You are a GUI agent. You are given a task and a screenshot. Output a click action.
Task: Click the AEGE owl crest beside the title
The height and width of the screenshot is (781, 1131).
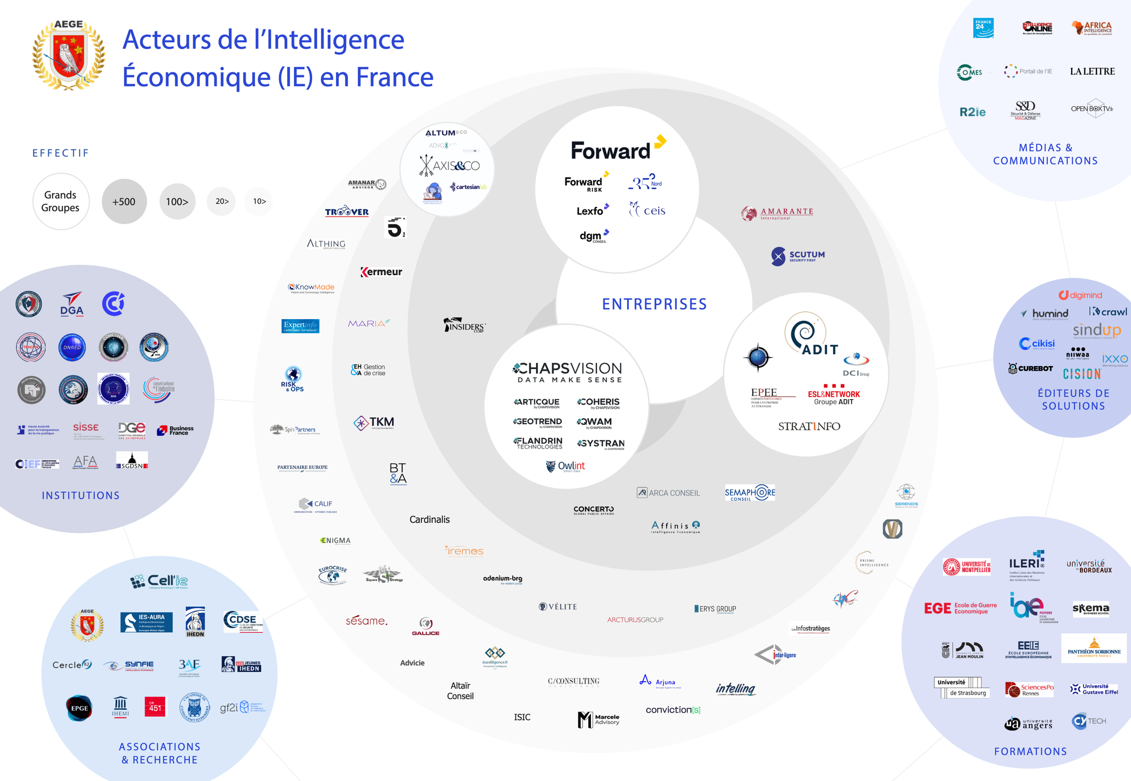pos(68,55)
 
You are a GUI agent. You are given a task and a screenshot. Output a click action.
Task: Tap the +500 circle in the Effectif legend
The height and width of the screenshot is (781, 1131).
pos(124,201)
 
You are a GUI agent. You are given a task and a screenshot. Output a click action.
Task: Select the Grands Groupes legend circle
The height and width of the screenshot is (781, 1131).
pos(61,201)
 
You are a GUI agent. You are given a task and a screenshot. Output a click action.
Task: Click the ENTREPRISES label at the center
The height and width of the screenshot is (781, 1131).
pos(654,304)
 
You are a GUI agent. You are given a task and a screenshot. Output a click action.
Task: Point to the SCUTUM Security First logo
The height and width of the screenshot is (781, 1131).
pos(798,256)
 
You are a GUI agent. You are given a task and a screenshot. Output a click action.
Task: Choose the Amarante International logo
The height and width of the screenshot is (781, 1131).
pos(778,213)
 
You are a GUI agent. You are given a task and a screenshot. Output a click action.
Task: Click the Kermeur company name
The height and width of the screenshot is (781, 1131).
pos(382,272)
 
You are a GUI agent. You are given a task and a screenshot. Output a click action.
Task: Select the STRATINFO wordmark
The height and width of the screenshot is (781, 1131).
pos(809,426)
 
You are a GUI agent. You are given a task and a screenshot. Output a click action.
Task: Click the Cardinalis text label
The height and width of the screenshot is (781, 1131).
pos(430,520)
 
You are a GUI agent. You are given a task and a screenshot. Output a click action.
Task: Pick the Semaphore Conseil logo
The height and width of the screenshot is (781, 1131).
pos(750,493)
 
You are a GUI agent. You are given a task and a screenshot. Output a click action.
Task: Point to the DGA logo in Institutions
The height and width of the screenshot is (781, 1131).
pos(72,304)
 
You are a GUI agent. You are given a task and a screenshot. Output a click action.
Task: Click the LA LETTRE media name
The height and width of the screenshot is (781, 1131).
pos(1092,71)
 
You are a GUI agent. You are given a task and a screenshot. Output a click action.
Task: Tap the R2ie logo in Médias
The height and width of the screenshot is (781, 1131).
pos(972,112)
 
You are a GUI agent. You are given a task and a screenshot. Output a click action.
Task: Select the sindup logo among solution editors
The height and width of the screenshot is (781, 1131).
pos(1097,330)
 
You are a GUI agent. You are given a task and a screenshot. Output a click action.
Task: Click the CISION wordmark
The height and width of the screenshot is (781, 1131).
pos(1082,374)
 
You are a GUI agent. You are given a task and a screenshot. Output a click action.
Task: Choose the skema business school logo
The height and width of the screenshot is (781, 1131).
pos(1091,608)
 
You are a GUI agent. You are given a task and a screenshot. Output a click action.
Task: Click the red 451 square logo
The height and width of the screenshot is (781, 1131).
pos(155,707)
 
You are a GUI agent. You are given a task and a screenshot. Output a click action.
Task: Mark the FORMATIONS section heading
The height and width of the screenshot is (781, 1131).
pos(1030,752)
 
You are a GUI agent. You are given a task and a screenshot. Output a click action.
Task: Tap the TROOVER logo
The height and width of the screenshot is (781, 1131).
pos(347,212)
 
